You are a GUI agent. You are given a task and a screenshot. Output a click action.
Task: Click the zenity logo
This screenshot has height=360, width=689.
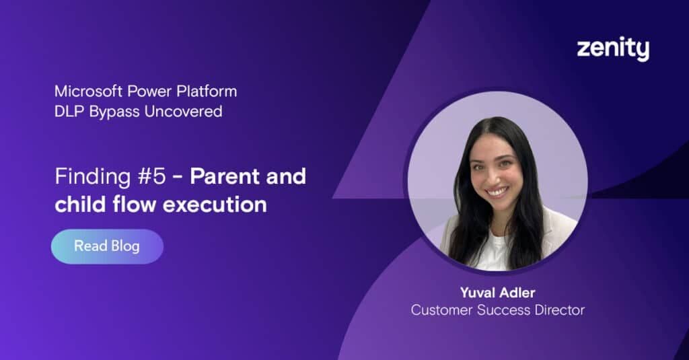tap(612, 50)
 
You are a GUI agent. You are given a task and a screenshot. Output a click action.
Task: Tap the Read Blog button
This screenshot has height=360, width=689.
tap(107, 246)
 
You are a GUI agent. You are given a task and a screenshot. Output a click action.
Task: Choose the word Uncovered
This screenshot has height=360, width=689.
tap(184, 112)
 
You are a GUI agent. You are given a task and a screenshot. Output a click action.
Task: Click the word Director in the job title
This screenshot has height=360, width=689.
tap(560, 310)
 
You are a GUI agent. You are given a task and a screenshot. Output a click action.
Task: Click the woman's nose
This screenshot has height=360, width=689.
tap(497, 177)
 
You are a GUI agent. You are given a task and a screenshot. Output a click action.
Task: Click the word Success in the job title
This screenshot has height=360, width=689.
tap(501, 310)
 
